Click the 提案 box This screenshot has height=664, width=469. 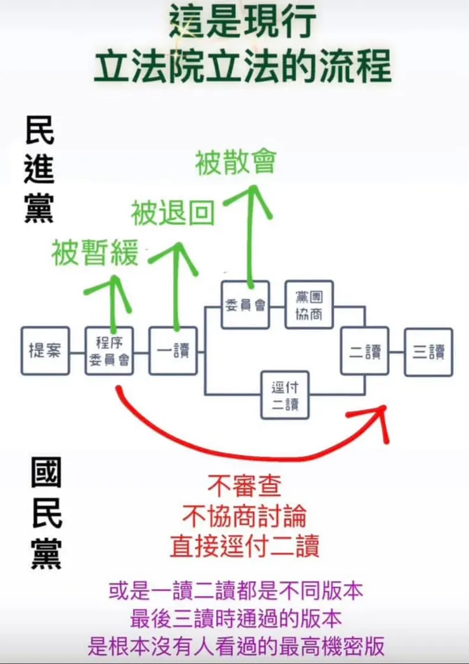pyautogui.click(x=44, y=351)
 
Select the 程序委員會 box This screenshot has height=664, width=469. pyautogui.click(x=109, y=351)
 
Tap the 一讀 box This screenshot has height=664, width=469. pyautogui.click(x=173, y=351)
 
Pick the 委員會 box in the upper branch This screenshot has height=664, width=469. pyautogui.click(x=245, y=304)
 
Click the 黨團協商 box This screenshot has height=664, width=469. pyautogui.click(x=309, y=304)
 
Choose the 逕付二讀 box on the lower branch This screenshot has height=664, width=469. pyautogui.click(x=285, y=395)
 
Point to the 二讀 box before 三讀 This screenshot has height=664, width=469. pyautogui.click(x=364, y=351)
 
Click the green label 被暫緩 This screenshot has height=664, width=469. pyautogui.click(x=95, y=254)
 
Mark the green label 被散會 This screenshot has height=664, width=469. pyautogui.click(x=236, y=162)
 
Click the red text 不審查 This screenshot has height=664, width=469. pyautogui.click(x=244, y=487)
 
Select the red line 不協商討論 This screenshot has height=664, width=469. pyautogui.click(x=244, y=517)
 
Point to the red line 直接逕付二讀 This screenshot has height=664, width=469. pyautogui.click(x=244, y=545)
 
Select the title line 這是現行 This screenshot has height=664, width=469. pyautogui.click(x=242, y=23)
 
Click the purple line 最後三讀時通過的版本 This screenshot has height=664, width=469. pyautogui.click(x=236, y=618)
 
